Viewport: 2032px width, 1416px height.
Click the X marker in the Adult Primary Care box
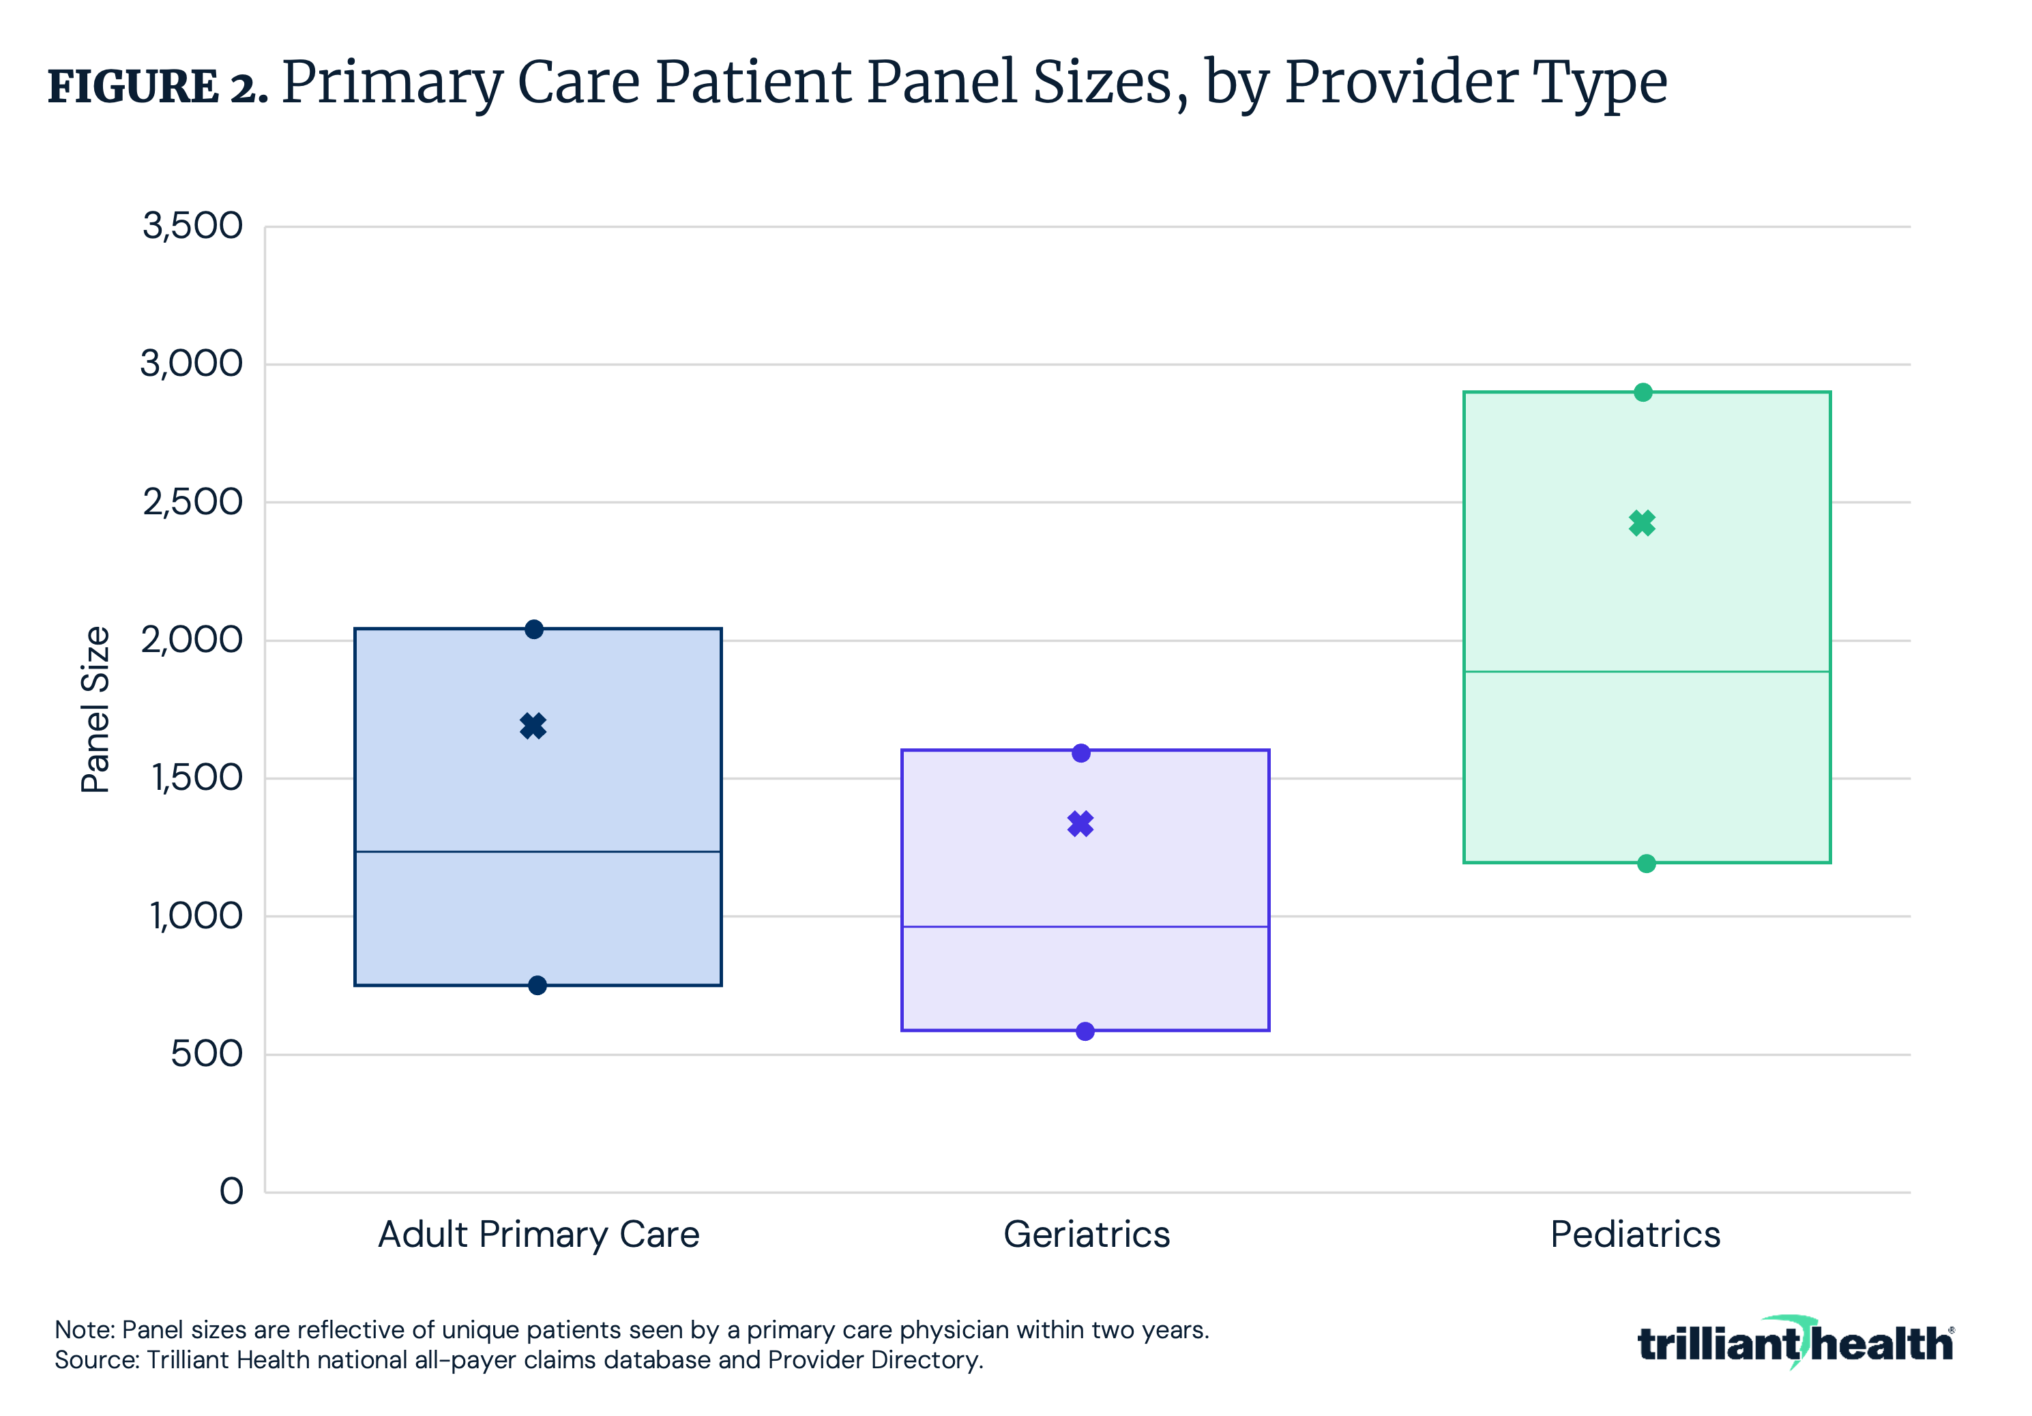533,726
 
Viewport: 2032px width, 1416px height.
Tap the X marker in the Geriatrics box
1080,824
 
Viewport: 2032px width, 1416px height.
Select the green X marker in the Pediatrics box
1642,523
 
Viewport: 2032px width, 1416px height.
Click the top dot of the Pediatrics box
1643,392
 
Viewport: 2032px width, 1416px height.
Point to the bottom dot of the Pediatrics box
1646,863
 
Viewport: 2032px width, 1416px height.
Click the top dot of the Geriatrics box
1080,753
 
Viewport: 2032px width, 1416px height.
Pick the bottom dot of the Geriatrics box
1085,1031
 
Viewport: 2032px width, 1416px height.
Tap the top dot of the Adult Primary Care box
533,630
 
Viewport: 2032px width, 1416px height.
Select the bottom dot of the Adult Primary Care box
538,985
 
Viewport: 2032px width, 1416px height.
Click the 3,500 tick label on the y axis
192,226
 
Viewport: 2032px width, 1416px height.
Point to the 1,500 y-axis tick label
196,778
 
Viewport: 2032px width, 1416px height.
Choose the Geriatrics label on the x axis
1086,1234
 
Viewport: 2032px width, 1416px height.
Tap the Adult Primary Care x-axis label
538,1234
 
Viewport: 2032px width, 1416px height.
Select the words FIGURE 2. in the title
157,87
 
